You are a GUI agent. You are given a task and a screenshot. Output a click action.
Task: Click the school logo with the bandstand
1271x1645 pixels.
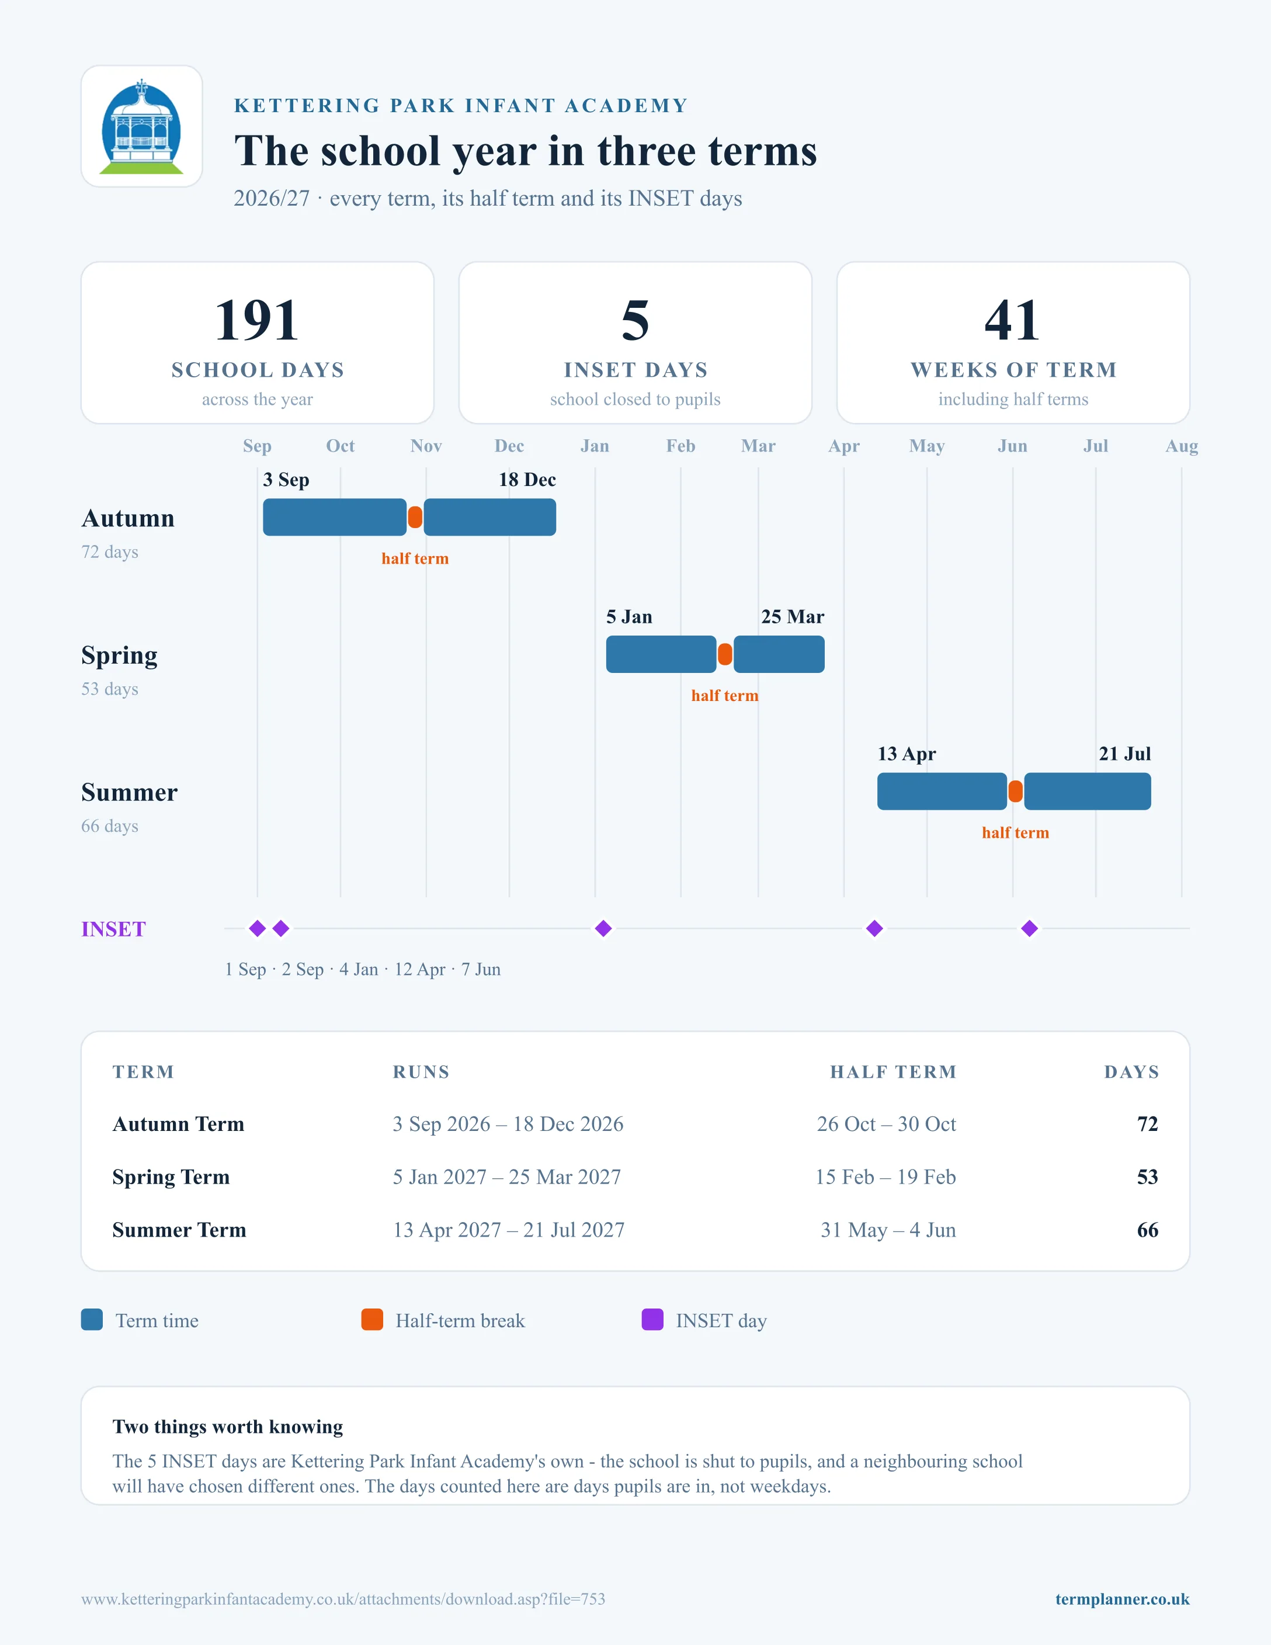coord(141,127)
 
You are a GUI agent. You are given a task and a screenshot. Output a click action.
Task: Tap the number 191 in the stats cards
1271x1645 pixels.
coord(257,320)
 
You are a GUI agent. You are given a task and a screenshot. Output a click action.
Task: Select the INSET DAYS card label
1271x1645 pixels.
coord(635,370)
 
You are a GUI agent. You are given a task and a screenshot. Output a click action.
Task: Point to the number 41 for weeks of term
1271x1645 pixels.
coord(1013,320)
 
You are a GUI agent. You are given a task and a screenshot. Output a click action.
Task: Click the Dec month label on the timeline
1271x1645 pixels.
coord(509,446)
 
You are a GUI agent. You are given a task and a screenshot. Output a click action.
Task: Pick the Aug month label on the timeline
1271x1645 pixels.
coord(1182,446)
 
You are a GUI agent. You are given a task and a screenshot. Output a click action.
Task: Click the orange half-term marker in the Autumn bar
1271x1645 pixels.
coord(415,518)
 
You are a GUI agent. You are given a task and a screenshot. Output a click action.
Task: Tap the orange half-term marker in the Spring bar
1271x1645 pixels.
coord(725,654)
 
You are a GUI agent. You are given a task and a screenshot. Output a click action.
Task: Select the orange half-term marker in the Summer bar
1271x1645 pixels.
coord(1016,792)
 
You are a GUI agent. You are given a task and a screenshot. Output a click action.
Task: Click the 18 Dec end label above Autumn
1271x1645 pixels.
coord(527,480)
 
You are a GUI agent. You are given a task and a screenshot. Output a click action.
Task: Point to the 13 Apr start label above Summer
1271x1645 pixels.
coord(907,754)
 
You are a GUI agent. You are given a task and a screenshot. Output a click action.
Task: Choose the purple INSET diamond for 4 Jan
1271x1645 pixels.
coord(603,929)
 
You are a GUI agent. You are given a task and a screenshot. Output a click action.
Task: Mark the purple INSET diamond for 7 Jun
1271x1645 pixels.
coord(1029,929)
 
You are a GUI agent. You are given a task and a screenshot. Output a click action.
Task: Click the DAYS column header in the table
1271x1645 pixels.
coord(1132,1072)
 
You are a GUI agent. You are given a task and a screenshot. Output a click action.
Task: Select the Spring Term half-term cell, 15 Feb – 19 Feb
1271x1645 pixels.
coord(885,1177)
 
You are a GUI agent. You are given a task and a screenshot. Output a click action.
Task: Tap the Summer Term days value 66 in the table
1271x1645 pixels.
coord(1148,1230)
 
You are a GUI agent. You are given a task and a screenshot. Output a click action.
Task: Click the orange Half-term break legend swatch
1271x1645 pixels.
coord(372,1320)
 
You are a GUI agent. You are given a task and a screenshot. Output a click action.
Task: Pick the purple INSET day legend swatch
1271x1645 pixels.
coord(652,1320)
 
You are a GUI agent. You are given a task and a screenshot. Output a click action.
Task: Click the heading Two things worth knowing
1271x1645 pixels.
coord(227,1427)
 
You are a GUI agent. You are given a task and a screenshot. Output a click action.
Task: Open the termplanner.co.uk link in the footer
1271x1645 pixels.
coord(1122,1599)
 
